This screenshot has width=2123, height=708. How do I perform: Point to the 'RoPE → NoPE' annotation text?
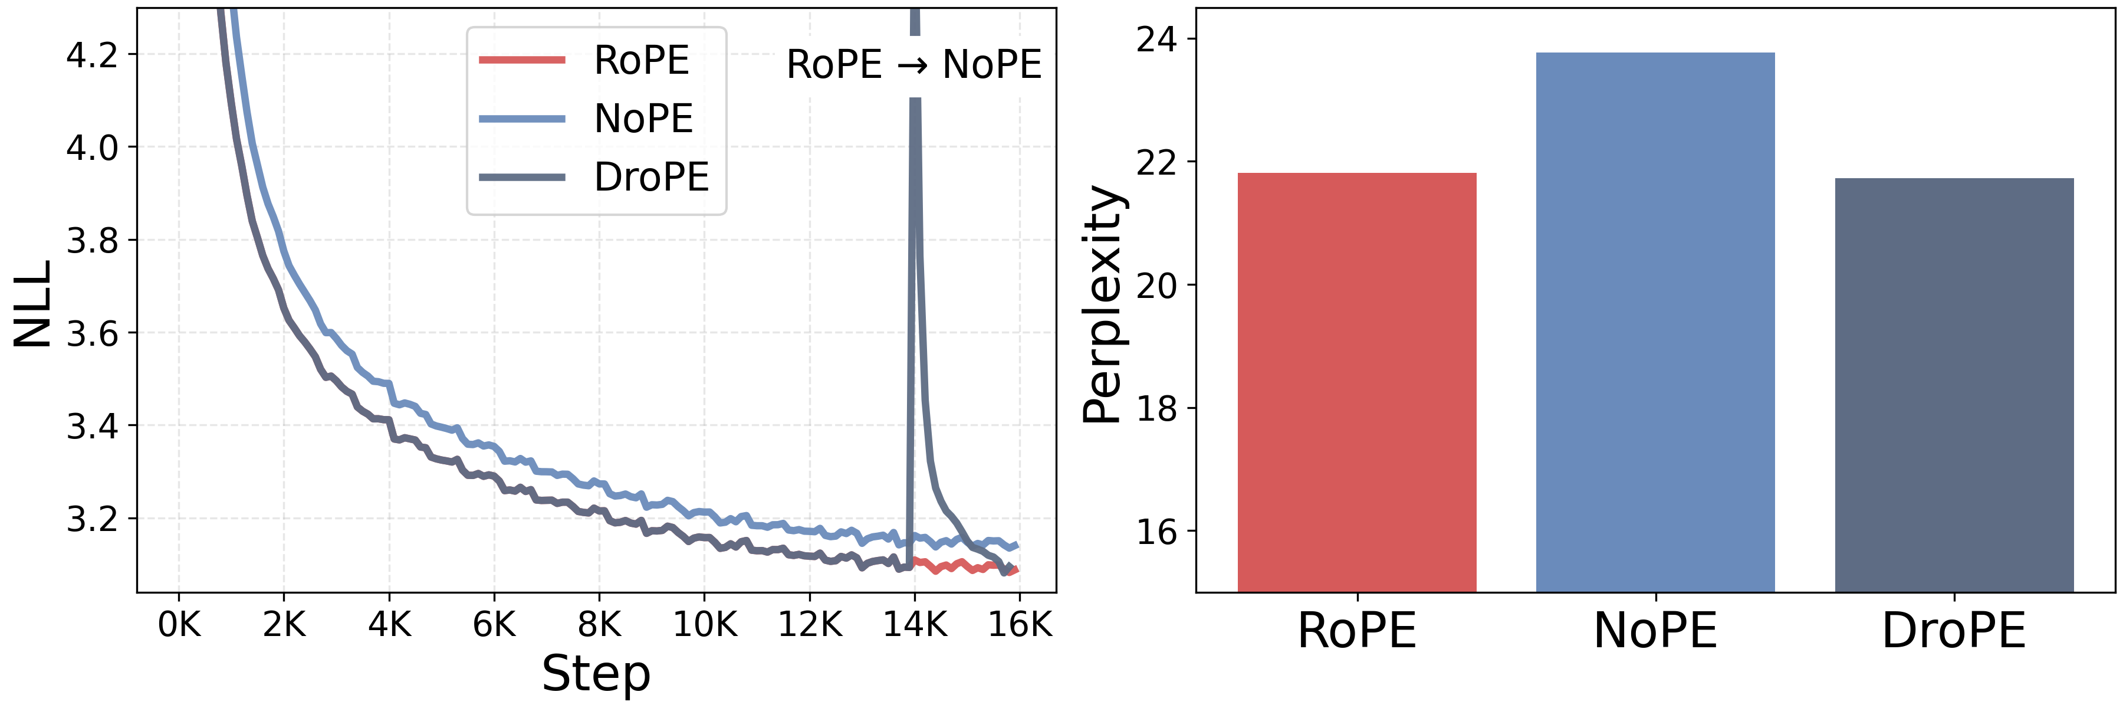(913, 64)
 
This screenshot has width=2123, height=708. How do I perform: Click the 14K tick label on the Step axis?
(915, 625)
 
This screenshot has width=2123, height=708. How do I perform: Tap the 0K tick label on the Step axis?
(179, 625)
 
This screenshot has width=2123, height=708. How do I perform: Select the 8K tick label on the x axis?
(599, 625)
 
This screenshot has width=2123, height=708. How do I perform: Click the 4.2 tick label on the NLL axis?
(91, 55)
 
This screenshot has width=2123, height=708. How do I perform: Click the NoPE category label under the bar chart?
(1655, 631)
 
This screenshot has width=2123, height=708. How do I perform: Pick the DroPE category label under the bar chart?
(1954, 631)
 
